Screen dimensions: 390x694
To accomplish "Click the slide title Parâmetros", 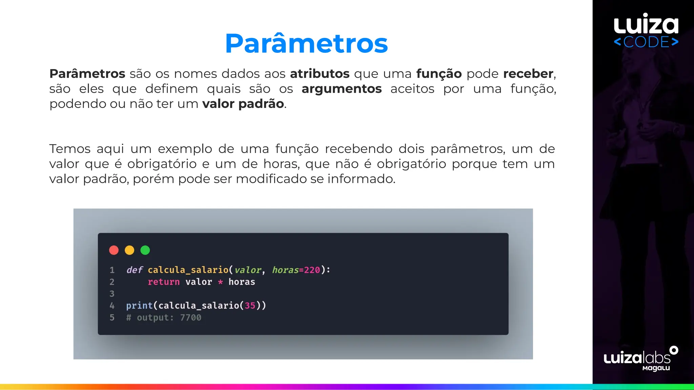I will point(306,44).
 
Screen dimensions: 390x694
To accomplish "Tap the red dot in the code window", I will point(114,250).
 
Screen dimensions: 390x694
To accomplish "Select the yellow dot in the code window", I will point(129,250).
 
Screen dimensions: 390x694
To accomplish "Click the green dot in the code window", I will point(145,250).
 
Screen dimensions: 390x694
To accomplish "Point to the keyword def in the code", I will point(135,270).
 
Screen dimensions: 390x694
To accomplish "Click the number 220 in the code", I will point(312,270).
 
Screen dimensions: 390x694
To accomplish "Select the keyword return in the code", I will point(164,282).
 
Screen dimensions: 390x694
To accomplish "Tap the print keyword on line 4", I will point(139,305).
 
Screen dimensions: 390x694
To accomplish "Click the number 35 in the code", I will point(250,305).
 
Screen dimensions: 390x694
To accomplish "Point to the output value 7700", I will point(190,318).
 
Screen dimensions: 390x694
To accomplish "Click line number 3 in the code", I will point(112,294).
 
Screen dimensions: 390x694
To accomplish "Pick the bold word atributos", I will point(320,74).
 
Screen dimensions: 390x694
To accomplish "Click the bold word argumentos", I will point(342,89).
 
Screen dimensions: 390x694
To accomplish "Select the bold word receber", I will point(528,74).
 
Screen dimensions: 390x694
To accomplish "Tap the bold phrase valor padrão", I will point(243,104).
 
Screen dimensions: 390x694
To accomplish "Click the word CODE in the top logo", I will point(646,42).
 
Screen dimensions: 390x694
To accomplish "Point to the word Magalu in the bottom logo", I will point(656,368).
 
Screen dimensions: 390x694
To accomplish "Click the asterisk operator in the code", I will point(220,282).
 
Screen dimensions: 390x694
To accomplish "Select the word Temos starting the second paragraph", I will point(70,149).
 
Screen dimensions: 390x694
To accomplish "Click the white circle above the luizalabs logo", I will point(674,350).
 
